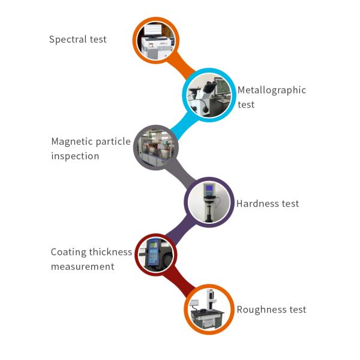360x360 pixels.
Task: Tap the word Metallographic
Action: (x=272, y=91)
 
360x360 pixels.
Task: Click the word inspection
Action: (x=75, y=156)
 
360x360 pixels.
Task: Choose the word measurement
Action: (x=82, y=266)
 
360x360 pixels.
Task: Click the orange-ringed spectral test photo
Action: (x=156, y=40)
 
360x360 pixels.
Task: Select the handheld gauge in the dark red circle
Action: (x=156, y=254)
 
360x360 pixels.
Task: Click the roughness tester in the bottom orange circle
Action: (x=208, y=309)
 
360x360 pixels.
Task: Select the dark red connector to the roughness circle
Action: (x=182, y=281)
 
